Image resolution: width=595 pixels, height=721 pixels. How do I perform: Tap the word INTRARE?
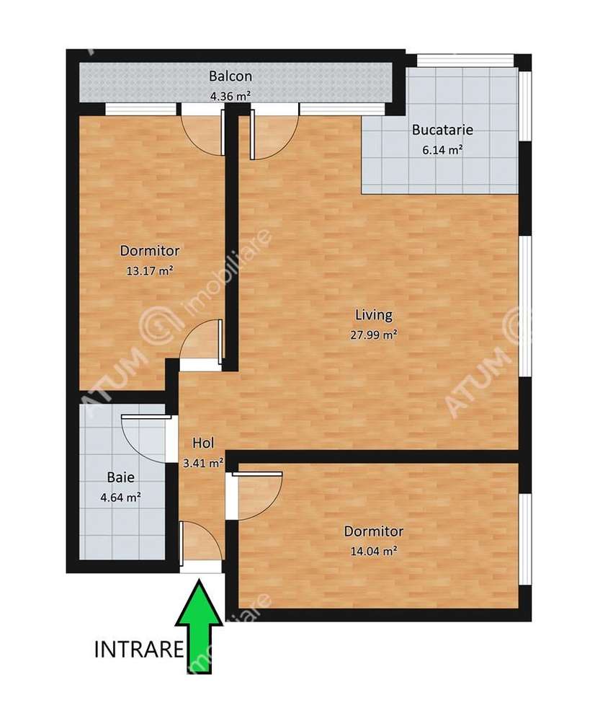[x=138, y=650]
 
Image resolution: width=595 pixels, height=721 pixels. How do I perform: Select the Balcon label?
[x=230, y=76]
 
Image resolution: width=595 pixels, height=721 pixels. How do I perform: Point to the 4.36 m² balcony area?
[x=230, y=94]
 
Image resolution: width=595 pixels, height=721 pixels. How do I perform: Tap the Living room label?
[x=374, y=314]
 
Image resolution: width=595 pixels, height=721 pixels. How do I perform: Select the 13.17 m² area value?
[x=150, y=270]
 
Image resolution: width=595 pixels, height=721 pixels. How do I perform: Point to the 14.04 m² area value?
[x=373, y=551]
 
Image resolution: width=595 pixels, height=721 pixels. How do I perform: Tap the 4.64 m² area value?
[x=120, y=496]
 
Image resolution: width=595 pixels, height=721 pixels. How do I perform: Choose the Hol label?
[x=202, y=443]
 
